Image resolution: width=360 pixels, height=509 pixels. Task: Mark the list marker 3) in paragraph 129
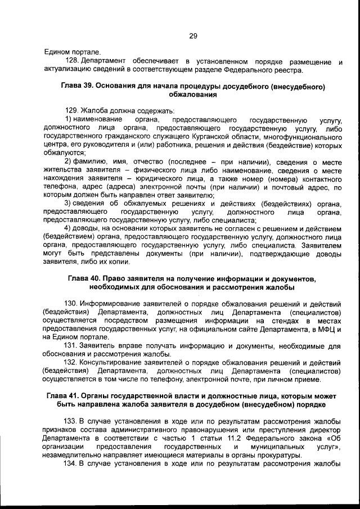[68, 203]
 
